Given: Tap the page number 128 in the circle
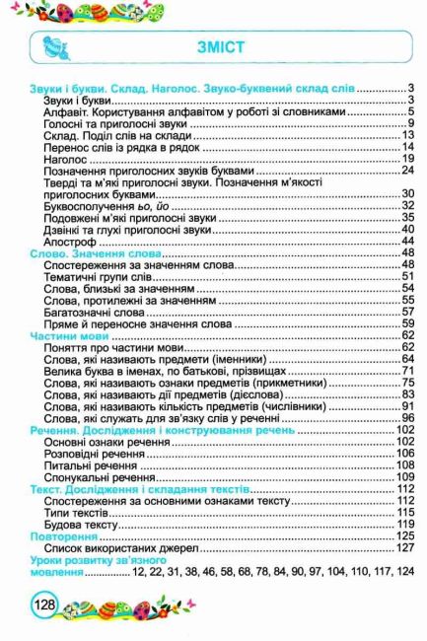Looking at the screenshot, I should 43,605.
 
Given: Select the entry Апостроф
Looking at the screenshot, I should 68,240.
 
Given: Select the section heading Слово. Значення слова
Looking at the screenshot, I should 90,252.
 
